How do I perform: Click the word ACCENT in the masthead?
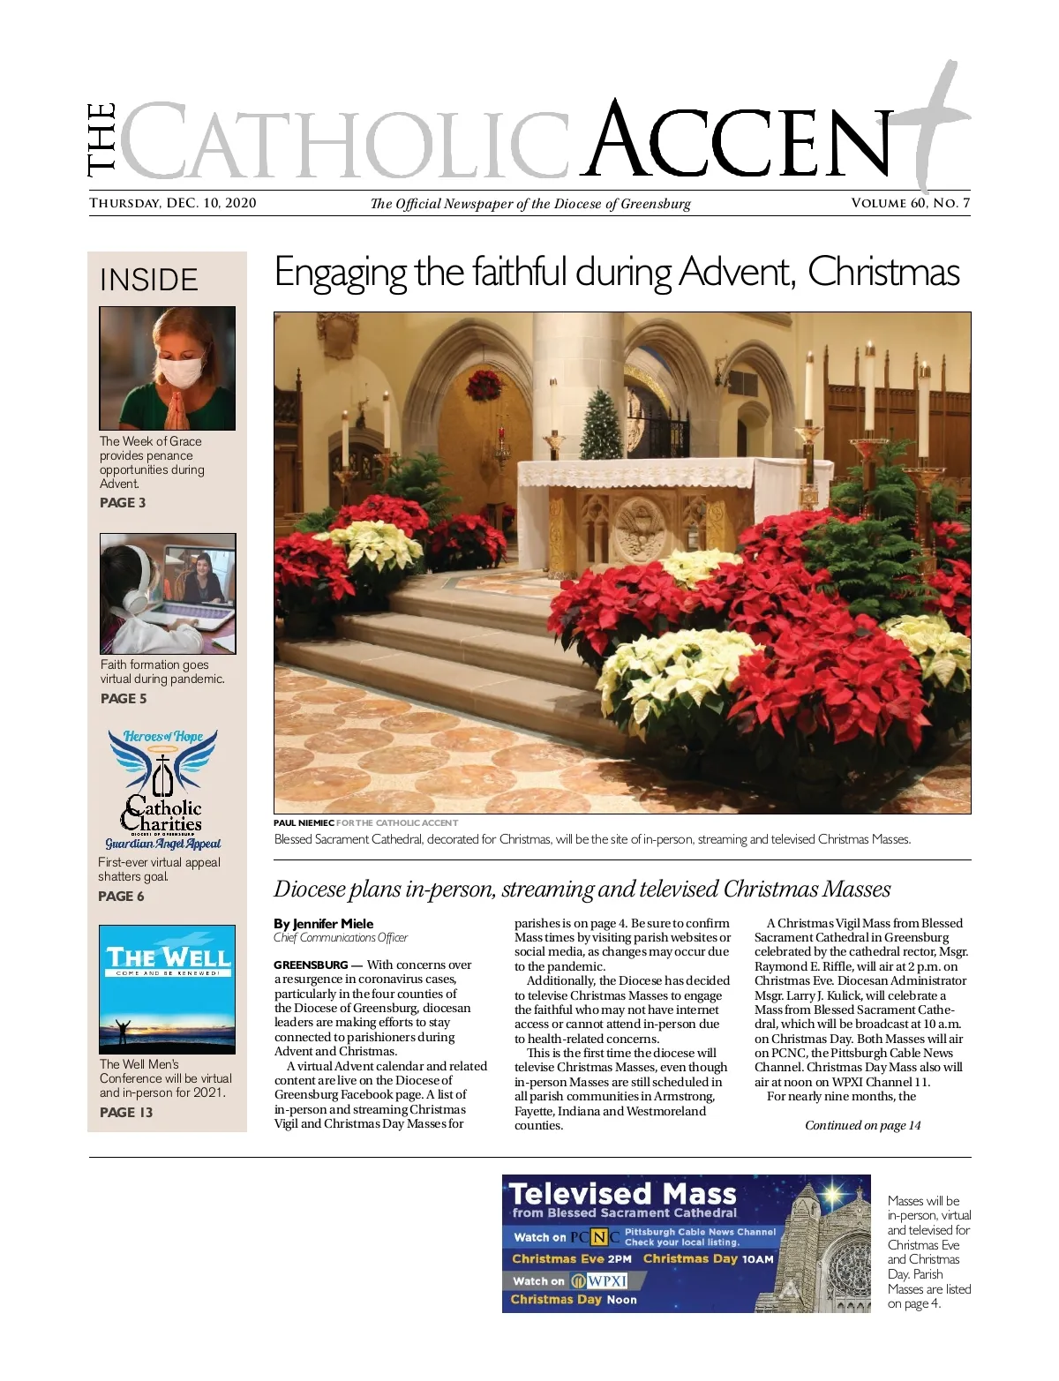(x=741, y=141)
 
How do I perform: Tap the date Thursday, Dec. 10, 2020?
(x=173, y=203)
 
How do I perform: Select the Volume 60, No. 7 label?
(x=910, y=203)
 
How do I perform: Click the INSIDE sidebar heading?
(x=149, y=280)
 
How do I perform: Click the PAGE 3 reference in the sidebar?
(x=123, y=503)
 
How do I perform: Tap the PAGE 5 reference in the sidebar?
(x=124, y=699)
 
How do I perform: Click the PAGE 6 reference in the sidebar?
(x=121, y=897)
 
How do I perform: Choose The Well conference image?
(x=167, y=989)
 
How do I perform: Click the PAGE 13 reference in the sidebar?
(x=126, y=1113)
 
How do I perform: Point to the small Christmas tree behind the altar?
(x=603, y=424)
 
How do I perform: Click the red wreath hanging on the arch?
(x=484, y=385)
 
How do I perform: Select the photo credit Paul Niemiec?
(x=304, y=823)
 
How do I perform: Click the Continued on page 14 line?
(x=862, y=1125)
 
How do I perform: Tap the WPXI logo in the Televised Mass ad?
(x=599, y=1281)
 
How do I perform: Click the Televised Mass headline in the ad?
(x=623, y=1194)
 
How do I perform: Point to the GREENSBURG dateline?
(x=311, y=965)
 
